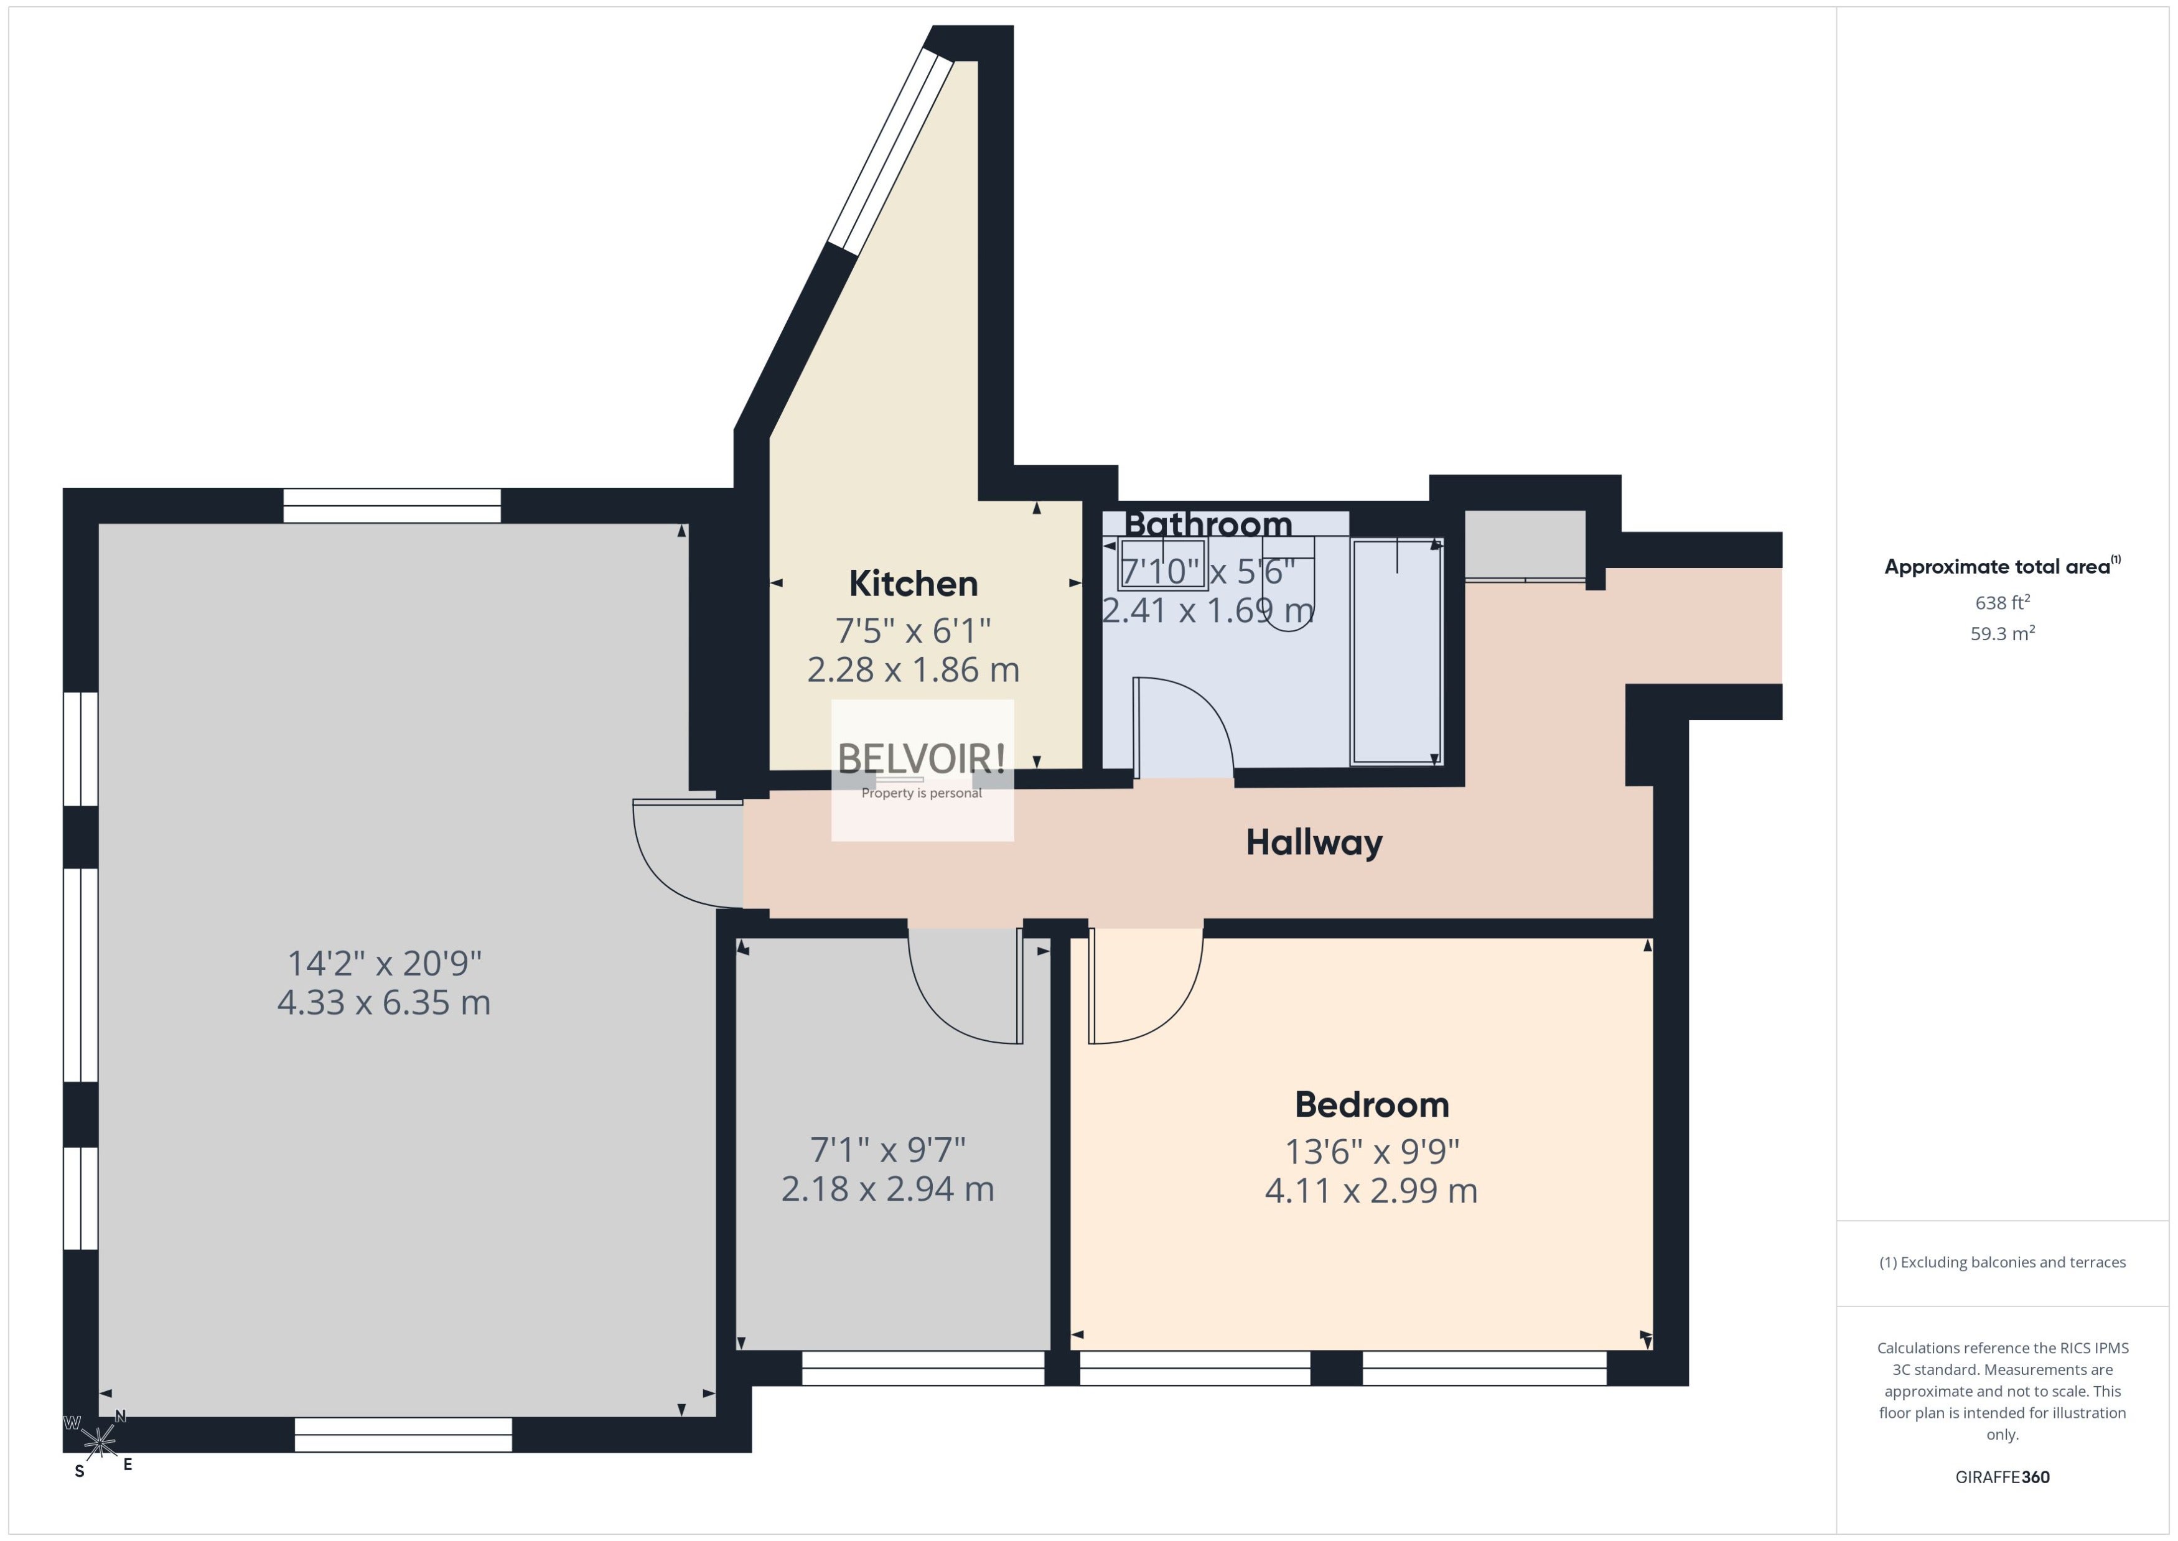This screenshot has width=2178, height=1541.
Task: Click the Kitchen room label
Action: coord(913,584)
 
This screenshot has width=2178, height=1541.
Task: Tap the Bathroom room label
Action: coord(1208,524)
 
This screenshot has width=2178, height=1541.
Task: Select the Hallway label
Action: coord(1314,842)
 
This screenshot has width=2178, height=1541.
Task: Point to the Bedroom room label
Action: coord(1372,1104)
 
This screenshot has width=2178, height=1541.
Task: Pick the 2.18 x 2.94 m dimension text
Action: coord(887,1189)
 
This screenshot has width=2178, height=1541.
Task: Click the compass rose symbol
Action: coord(99,1442)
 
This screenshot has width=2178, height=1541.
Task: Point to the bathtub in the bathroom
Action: coord(1397,652)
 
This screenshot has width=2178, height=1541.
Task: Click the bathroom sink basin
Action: coord(1162,565)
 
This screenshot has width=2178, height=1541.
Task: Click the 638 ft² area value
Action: coord(2003,603)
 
